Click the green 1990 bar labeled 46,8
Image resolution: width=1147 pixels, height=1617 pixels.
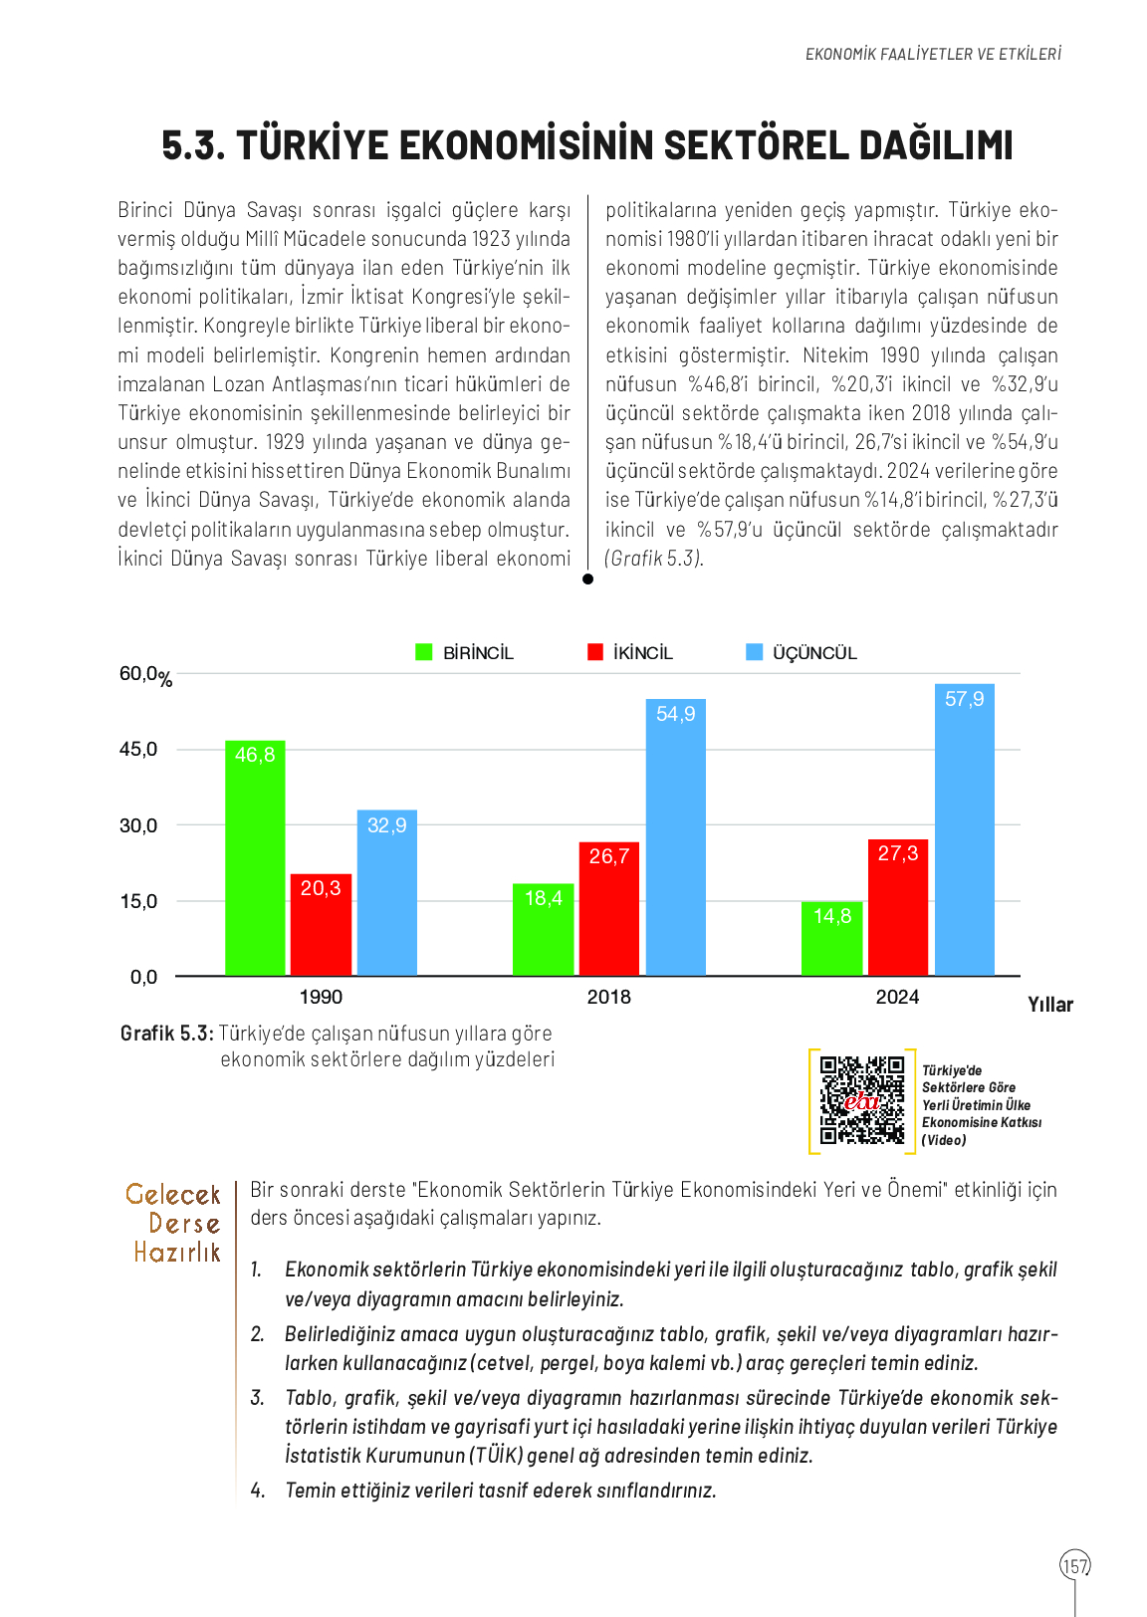[255, 857]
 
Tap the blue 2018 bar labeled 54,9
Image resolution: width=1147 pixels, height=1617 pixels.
[675, 836]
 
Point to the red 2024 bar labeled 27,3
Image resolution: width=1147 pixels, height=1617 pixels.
[897, 907]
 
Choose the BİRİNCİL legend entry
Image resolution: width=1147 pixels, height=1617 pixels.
[465, 653]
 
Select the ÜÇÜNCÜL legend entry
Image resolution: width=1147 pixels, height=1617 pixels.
[802, 653]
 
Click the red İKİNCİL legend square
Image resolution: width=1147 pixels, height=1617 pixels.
[595, 652]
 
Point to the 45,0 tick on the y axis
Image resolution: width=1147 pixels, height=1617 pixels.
[138, 750]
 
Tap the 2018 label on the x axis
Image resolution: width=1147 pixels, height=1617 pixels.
[608, 997]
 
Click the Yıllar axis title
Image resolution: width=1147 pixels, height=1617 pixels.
[1050, 1005]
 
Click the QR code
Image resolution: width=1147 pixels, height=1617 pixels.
[861, 1100]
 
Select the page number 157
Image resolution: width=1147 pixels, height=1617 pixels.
[1075, 1565]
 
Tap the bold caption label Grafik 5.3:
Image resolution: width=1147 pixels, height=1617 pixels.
[166, 1034]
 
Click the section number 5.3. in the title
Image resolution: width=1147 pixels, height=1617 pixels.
[193, 145]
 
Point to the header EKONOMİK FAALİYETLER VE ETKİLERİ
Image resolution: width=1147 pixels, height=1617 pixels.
[933, 54]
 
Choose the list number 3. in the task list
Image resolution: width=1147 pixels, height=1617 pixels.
[257, 1398]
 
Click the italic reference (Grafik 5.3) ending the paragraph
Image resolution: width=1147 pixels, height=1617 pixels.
[654, 559]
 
